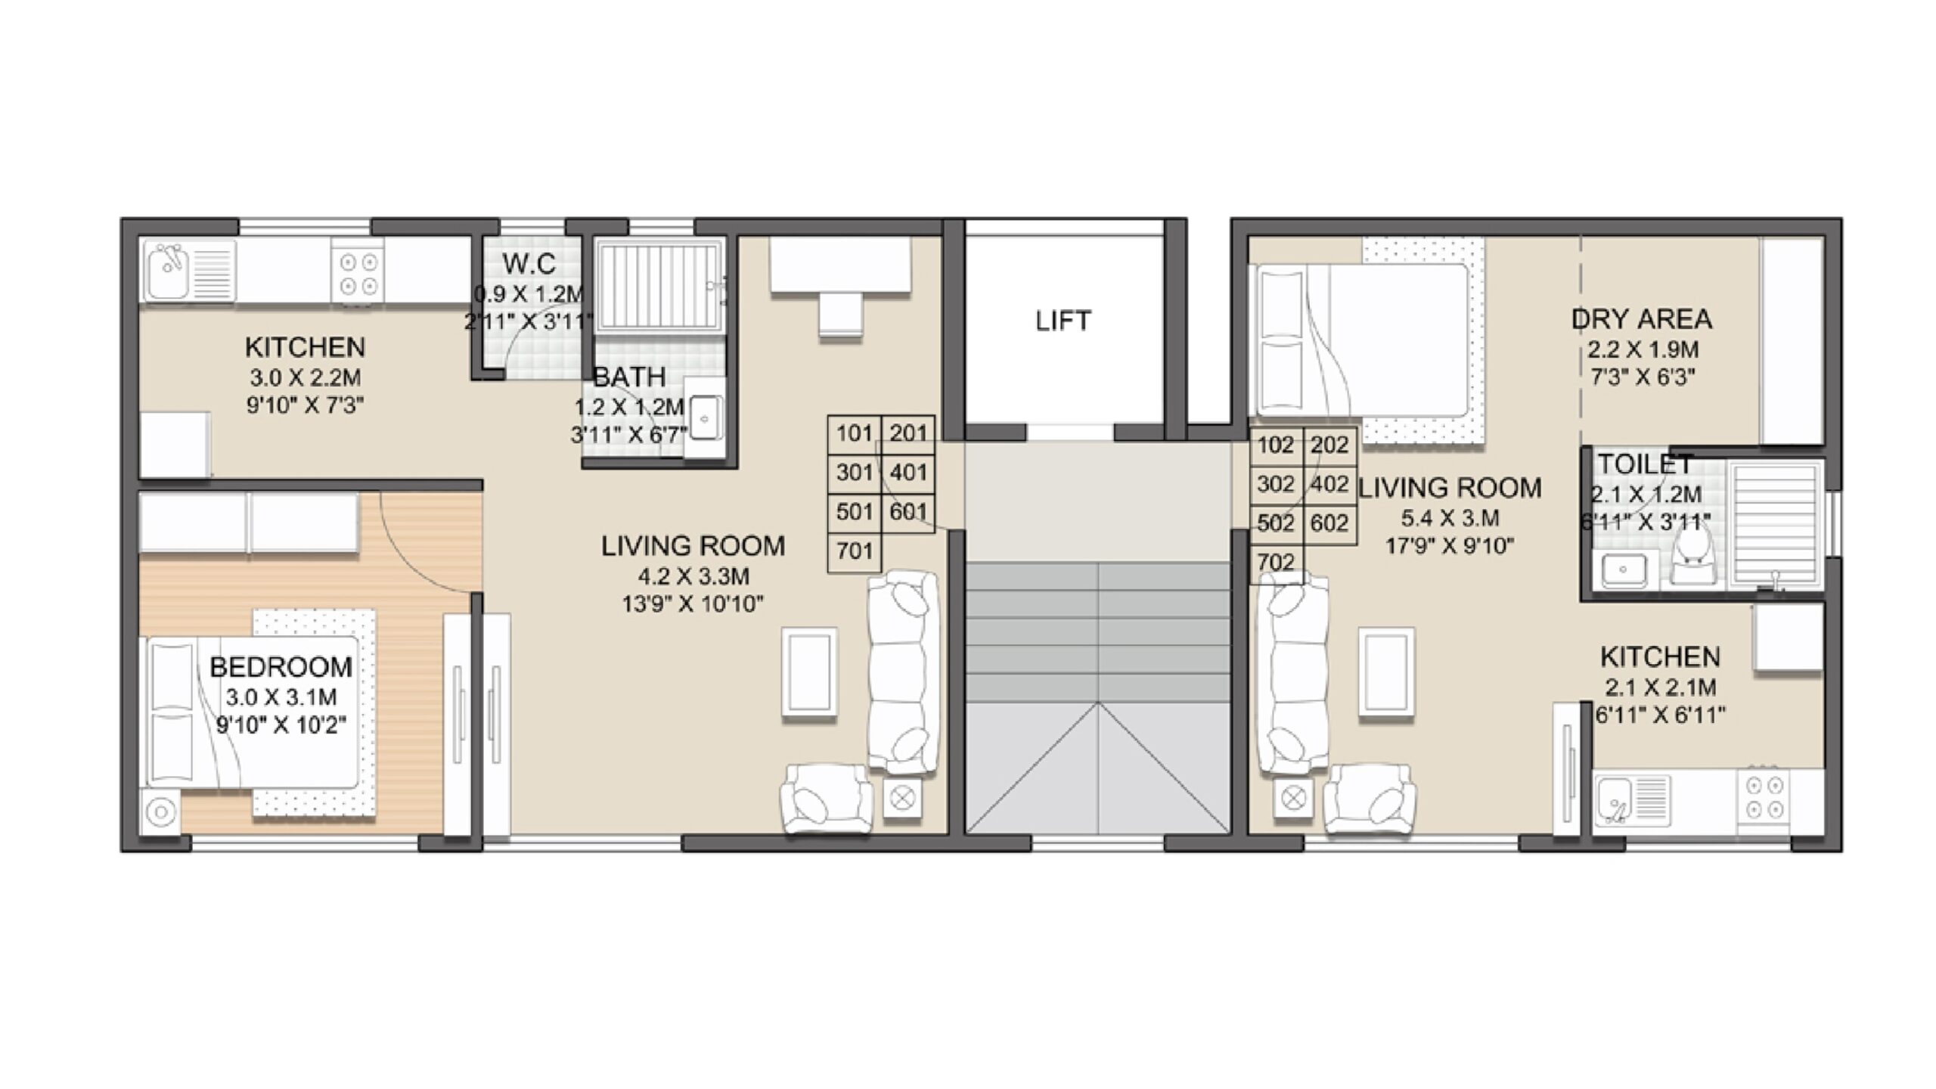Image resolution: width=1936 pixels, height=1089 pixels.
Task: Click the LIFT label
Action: [x=1063, y=321]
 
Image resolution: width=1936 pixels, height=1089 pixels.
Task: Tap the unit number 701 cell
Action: [x=855, y=551]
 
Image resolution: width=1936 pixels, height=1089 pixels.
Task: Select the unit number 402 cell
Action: [x=1329, y=484]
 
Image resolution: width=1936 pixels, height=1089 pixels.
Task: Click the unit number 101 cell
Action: [x=855, y=433]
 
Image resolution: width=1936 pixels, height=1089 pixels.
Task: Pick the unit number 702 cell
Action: [x=1276, y=563]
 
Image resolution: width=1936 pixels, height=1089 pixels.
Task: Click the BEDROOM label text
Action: [x=281, y=667]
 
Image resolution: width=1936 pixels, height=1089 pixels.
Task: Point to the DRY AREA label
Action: [x=1642, y=319]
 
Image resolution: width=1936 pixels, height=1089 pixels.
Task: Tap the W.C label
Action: [x=529, y=264]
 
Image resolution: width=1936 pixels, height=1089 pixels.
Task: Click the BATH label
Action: [x=628, y=377]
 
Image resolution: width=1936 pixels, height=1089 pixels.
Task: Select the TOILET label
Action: [x=1645, y=464]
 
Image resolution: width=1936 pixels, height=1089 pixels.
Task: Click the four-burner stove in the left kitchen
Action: [x=358, y=274]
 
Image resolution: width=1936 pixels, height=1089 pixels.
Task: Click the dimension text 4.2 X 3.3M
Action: [x=693, y=577]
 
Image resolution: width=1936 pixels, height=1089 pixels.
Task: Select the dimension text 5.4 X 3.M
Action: [x=1449, y=519]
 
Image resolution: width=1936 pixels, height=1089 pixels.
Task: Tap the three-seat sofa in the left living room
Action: [x=902, y=672]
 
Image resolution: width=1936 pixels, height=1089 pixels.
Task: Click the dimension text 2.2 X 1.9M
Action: [x=1643, y=350]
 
